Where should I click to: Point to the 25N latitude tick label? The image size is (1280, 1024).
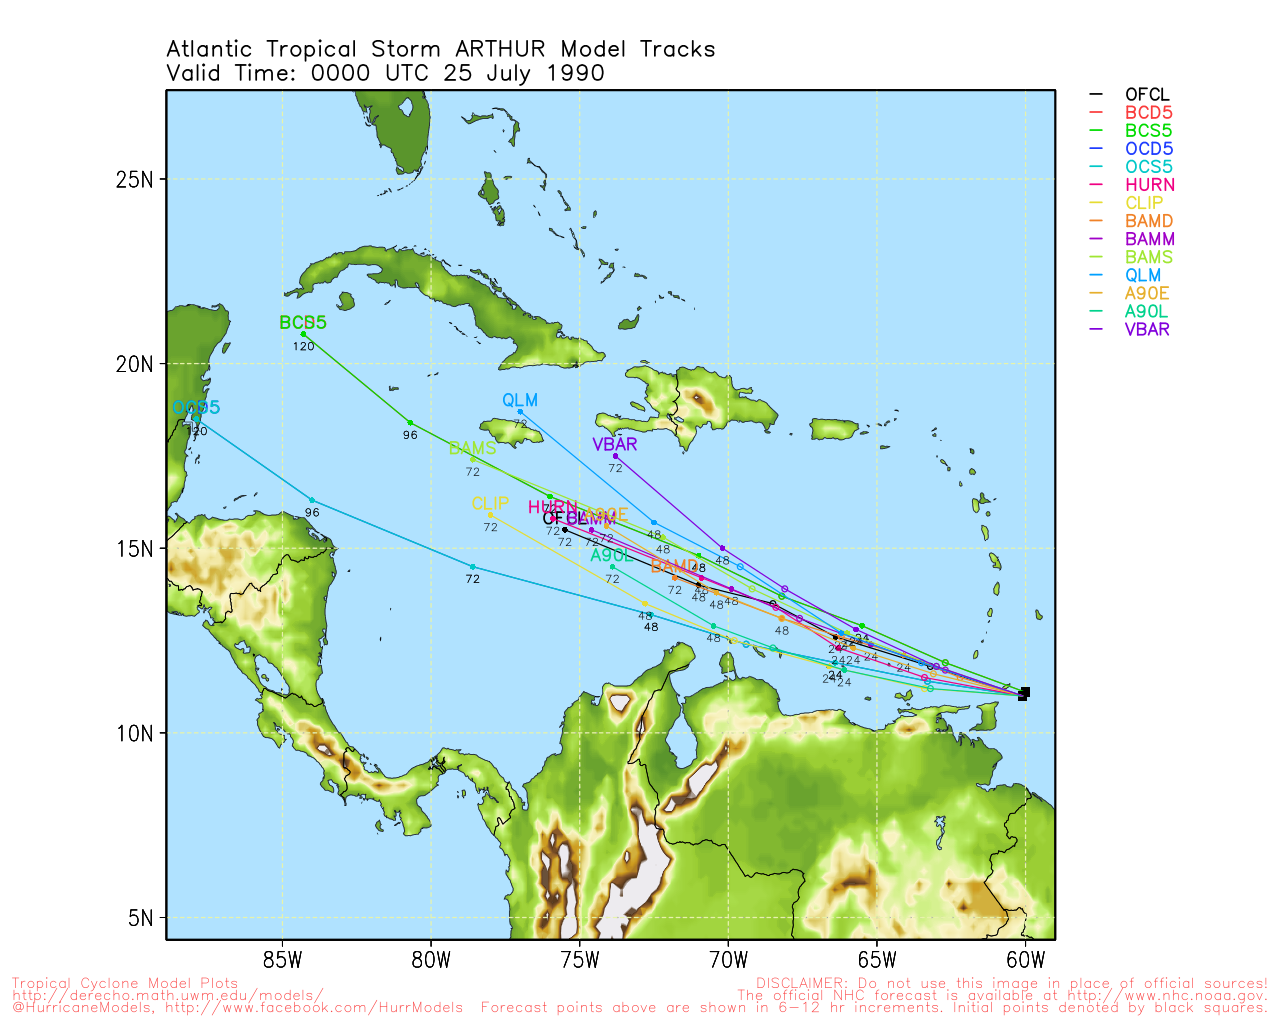pyautogui.click(x=134, y=180)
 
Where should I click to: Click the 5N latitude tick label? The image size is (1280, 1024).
pyautogui.click(x=139, y=918)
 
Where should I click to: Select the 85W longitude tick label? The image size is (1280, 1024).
pyautogui.click(x=283, y=962)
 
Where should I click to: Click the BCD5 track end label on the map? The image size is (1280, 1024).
pyautogui.click(x=303, y=323)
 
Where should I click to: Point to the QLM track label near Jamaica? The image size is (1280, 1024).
pyautogui.click(x=520, y=401)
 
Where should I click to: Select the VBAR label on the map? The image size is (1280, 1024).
pyautogui.click(x=614, y=445)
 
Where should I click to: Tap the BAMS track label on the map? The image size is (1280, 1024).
pyautogui.click(x=472, y=448)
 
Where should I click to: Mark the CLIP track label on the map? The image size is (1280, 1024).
pyautogui.click(x=490, y=504)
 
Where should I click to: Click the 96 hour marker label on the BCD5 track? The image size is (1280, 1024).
pyautogui.click(x=410, y=436)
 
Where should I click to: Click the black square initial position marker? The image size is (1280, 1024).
pyautogui.click(x=1023, y=693)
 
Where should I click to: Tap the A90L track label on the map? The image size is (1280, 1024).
pyautogui.click(x=612, y=556)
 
